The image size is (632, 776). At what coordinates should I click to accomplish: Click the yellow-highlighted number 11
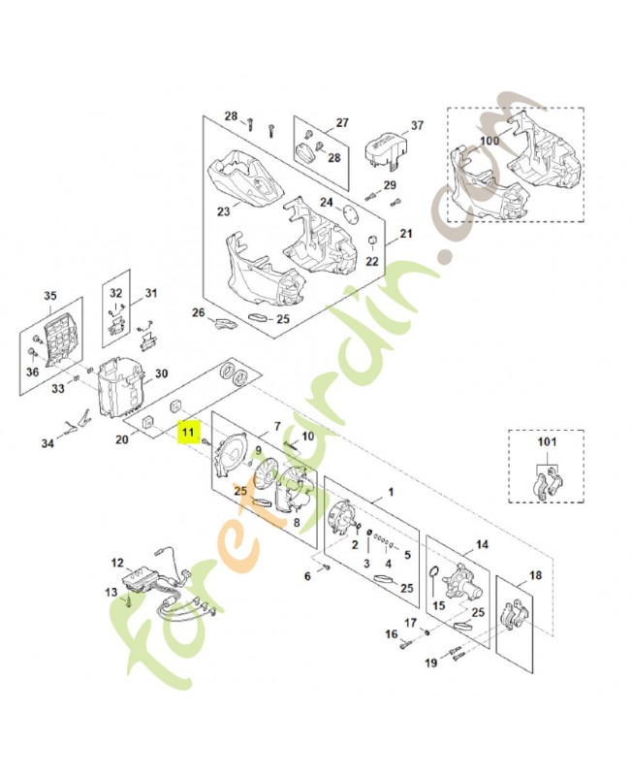[188, 428]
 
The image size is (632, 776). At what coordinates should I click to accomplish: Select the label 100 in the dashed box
[490, 141]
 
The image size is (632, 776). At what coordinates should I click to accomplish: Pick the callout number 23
[223, 211]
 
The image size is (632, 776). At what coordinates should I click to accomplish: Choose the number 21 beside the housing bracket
[406, 234]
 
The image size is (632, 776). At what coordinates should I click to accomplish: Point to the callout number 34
[48, 445]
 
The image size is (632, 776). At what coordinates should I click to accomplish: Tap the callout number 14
[482, 545]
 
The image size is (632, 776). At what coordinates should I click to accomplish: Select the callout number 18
[535, 575]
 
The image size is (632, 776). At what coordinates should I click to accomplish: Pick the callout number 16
[392, 634]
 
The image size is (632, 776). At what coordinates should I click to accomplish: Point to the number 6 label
[308, 575]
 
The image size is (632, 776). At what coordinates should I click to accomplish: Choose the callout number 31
[150, 293]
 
